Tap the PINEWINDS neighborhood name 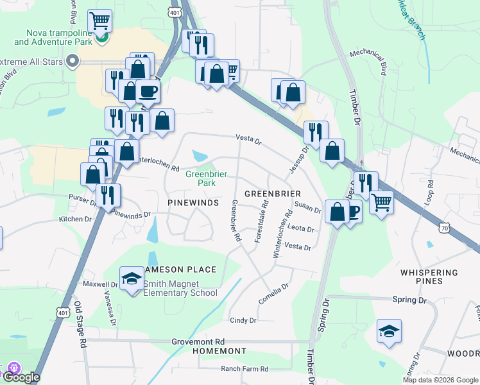(x=193, y=202)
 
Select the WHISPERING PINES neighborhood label (x=430, y=277)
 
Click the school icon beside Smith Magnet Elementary (x=132, y=279)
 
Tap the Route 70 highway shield (x=445, y=227)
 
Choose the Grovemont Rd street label (x=198, y=342)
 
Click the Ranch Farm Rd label (x=244, y=369)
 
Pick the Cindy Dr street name (x=243, y=320)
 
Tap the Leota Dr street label (x=301, y=229)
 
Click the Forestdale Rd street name (x=262, y=220)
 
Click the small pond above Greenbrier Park (x=200, y=155)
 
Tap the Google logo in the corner (x=22, y=377)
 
